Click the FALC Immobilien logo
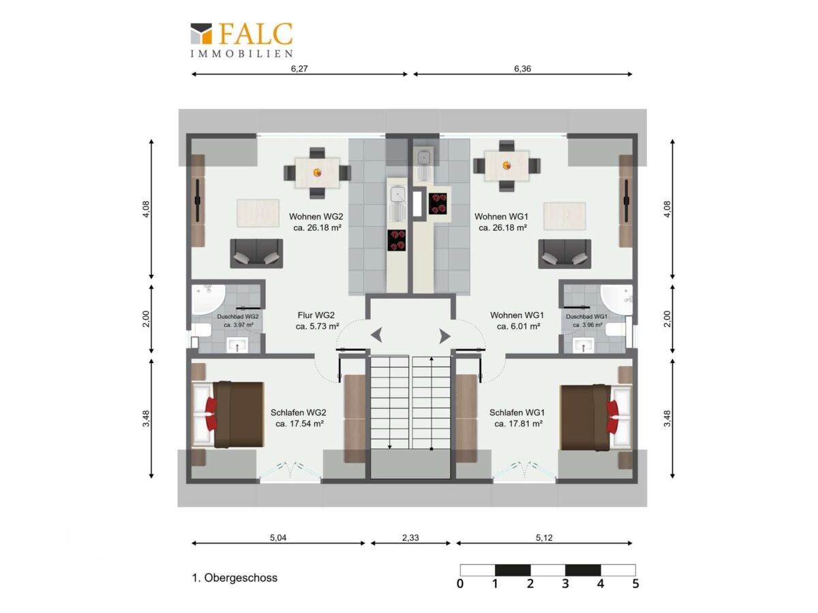pyautogui.click(x=241, y=40)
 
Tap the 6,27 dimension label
pyautogui.click(x=299, y=69)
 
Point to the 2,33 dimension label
pyautogui.click(x=410, y=537)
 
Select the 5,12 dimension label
pyautogui.click(x=544, y=537)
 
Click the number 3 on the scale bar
pyautogui.click(x=565, y=583)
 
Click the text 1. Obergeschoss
pyautogui.click(x=234, y=578)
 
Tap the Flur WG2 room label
pyautogui.click(x=316, y=315)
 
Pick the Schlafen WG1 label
pyautogui.click(x=517, y=412)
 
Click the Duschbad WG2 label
pyautogui.click(x=237, y=317)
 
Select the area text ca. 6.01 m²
pyautogui.click(x=518, y=326)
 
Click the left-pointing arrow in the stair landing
pyautogui.click(x=376, y=335)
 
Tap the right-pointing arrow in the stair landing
pyautogui.click(x=444, y=336)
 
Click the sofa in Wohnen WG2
pyautogui.click(x=256, y=253)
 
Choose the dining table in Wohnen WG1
pyautogui.click(x=506, y=166)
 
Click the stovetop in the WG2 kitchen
pyautogui.click(x=396, y=240)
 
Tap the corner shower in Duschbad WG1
pyautogui.click(x=616, y=300)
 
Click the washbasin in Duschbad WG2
pyautogui.click(x=237, y=345)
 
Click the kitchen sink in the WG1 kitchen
pyautogui.click(x=425, y=157)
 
